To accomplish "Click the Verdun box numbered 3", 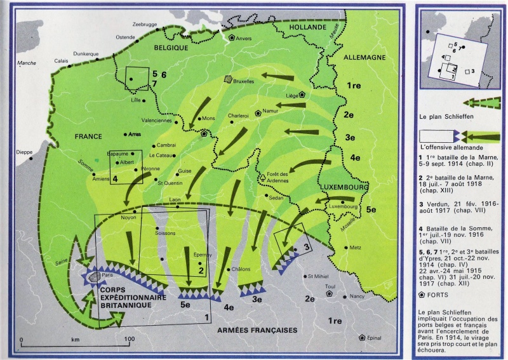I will click(x=290, y=241).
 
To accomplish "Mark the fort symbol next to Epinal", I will click(x=361, y=338).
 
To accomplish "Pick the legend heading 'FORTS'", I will click(x=441, y=296).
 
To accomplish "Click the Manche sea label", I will click(x=27, y=63).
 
